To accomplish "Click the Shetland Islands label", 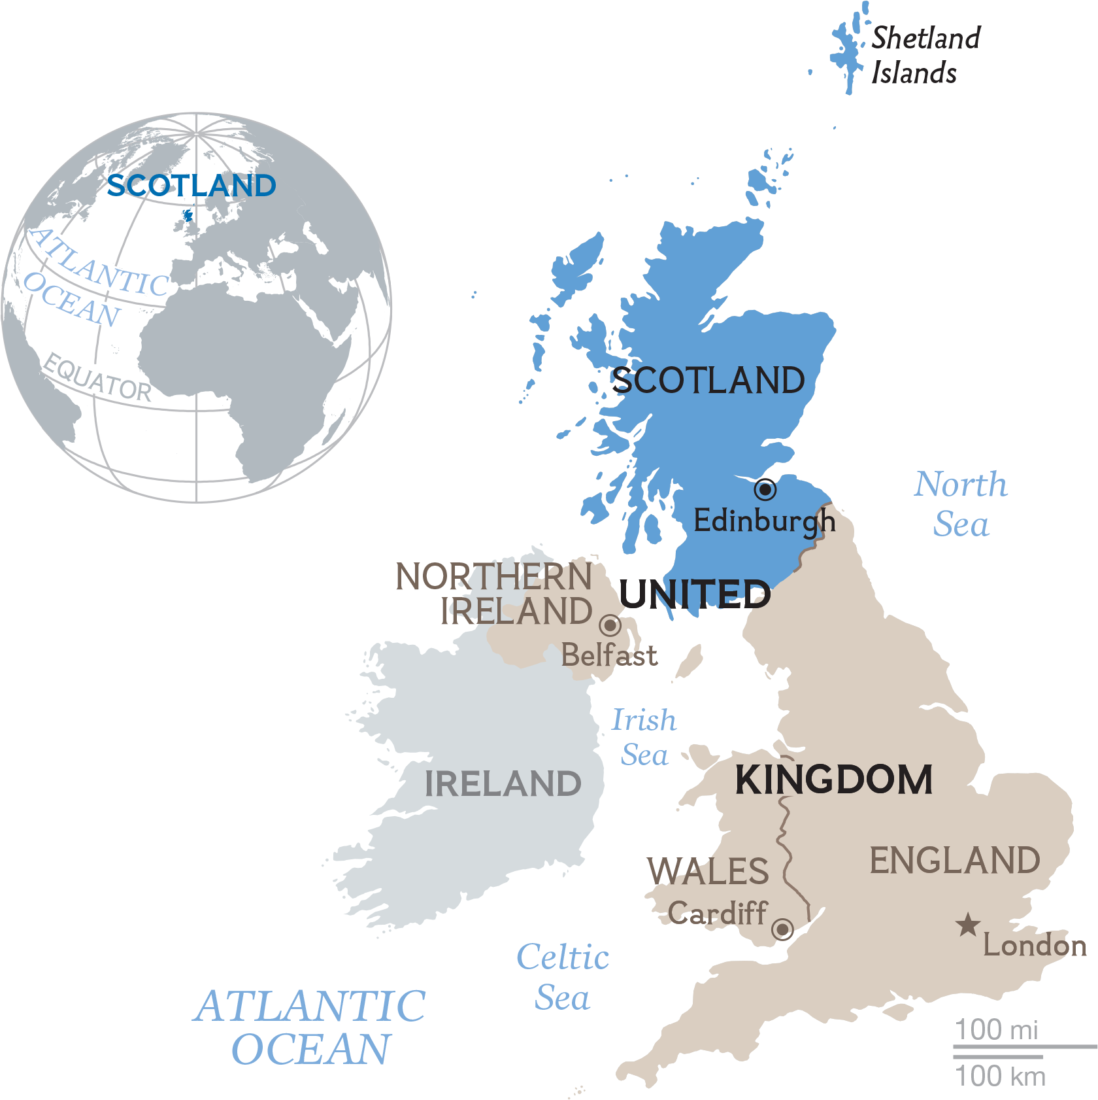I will tap(925, 56).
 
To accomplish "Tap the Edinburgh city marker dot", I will tap(765, 489).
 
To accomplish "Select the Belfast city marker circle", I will tap(610, 625).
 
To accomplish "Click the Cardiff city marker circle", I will tap(782, 929).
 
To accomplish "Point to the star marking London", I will tap(968, 925).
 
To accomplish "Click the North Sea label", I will tap(961, 504).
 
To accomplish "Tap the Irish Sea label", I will tap(644, 737).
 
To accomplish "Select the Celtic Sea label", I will tap(563, 977).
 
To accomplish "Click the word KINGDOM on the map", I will tap(833, 780).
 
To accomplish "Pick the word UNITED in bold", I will tap(694, 594).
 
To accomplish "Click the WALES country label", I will tap(708, 871).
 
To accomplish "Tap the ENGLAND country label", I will tap(954, 861).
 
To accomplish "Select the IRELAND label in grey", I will tap(503, 783).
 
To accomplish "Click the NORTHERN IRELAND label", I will tap(494, 594).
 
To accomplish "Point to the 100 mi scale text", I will tap(996, 1029).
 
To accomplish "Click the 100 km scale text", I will tap(1000, 1076).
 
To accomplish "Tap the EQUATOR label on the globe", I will tap(97, 378).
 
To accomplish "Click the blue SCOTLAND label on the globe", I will tap(191, 186).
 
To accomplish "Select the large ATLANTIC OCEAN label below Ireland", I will tap(310, 1027).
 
